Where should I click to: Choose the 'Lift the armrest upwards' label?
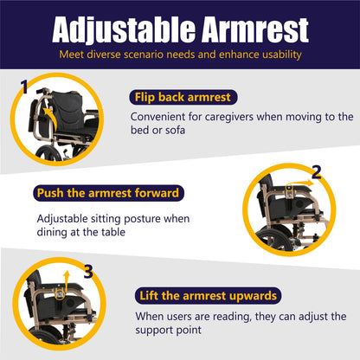(x=207, y=296)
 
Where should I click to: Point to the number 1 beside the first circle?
(x=25, y=87)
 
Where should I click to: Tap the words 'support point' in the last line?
(x=171, y=331)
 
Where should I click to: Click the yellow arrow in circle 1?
(x=49, y=116)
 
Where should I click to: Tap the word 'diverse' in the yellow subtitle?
(x=111, y=55)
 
